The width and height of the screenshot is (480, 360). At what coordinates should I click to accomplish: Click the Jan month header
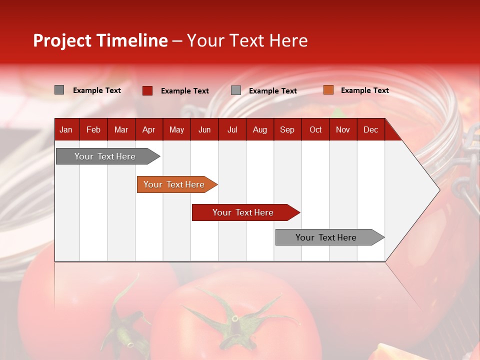tap(66, 130)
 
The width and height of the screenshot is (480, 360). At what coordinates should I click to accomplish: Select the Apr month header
tap(148, 130)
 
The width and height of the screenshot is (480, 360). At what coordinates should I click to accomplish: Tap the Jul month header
tap(232, 130)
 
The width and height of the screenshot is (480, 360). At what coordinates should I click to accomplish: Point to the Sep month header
tap(287, 130)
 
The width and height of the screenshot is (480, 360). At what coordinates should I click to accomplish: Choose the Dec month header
tap(370, 130)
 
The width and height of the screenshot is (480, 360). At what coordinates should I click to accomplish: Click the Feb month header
tap(93, 130)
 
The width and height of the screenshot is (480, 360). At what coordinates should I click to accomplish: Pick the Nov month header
tap(342, 130)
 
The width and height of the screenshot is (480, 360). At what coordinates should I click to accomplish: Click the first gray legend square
tap(59, 90)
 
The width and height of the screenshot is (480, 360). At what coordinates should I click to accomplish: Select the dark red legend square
tap(147, 90)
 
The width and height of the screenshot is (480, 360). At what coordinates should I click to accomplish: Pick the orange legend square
tap(328, 90)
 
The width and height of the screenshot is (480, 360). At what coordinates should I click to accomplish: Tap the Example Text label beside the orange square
tap(364, 90)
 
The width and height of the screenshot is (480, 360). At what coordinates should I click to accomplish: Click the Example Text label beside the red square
tap(184, 91)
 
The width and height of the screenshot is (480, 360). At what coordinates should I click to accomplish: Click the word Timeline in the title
tap(131, 40)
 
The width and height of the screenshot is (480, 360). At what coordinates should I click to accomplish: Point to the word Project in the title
tap(62, 40)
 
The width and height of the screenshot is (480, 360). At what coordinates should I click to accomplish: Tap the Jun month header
tap(204, 130)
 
